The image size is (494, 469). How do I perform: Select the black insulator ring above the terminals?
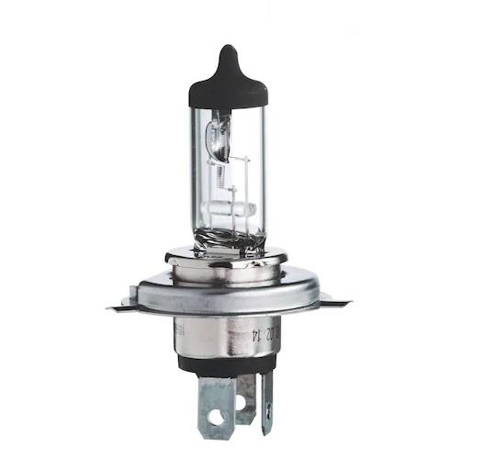pyautogui.click(x=225, y=365)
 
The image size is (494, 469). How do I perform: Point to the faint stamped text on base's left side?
pyautogui.click(x=181, y=332)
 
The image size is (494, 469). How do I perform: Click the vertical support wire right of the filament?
pyautogui.click(x=248, y=184)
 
